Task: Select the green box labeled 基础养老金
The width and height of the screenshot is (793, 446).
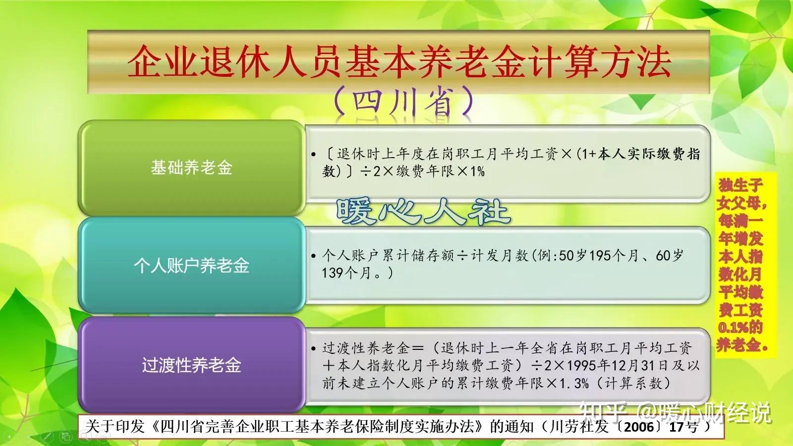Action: (191, 167)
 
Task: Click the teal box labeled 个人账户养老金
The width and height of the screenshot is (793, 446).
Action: (191, 266)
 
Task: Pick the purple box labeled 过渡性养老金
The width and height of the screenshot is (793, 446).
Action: (191, 365)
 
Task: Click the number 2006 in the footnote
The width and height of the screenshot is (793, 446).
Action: (639, 427)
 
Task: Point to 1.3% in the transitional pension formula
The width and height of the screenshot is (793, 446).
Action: (574, 383)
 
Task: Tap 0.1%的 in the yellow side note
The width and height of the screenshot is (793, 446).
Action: (740, 327)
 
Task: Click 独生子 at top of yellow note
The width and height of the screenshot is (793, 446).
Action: (740, 185)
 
